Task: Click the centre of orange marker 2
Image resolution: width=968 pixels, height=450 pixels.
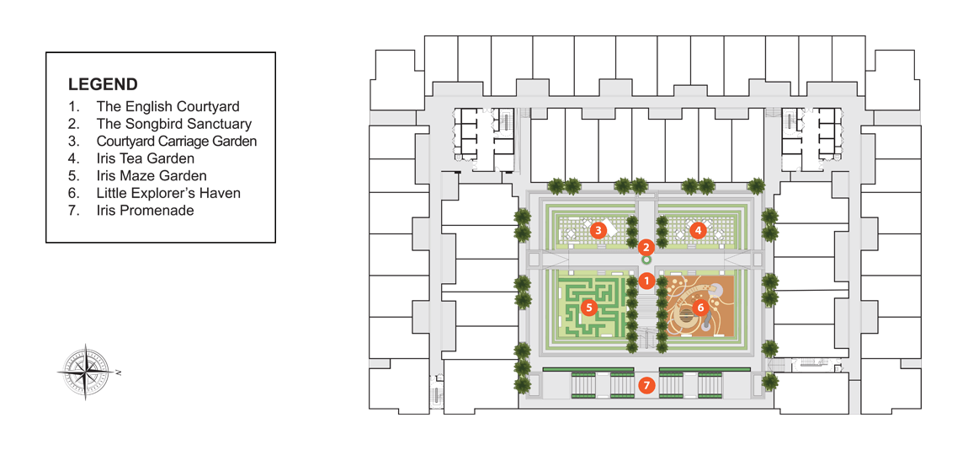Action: [x=646, y=248]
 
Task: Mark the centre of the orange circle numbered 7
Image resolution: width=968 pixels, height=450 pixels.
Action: [x=646, y=386]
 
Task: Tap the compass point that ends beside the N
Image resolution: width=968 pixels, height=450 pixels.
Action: [x=112, y=372]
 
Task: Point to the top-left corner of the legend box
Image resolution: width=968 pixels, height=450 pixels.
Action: [x=46, y=52]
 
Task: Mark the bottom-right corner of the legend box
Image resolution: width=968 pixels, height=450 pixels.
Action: [x=275, y=243]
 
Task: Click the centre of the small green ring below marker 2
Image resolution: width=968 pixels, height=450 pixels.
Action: [x=646, y=261]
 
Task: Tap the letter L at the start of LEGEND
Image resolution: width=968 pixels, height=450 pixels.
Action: [x=72, y=84]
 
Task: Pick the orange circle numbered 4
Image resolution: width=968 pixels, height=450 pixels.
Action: [x=698, y=231]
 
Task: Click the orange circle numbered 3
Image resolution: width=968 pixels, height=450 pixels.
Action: [x=597, y=231]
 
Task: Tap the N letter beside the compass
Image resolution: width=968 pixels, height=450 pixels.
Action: [x=119, y=372]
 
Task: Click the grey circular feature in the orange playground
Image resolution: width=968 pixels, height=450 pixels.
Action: [x=717, y=289]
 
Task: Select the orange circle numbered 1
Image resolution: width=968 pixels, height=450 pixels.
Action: [x=646, y=281]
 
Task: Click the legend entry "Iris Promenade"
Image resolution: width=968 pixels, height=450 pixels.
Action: [x=145, y=211]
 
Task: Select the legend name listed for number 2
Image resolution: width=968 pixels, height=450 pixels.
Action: [x=174, y=124]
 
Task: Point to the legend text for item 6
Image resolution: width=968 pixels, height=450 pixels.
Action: [x=168, y=194]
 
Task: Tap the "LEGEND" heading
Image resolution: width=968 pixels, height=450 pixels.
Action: [x=103, y=84]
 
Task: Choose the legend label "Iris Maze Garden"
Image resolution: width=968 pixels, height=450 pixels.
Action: [x=152, y=176]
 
